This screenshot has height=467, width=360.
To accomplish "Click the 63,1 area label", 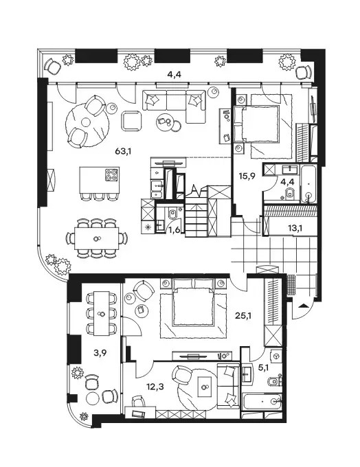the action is pyautogui.click(x=123, y=152).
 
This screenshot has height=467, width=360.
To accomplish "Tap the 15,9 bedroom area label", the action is pyautogui.click(x=247, y=176).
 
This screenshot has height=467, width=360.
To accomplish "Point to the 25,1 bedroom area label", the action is pyautogui.click(x=243, y=316).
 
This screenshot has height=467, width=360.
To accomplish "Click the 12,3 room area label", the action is pyautogui.click(x=155, y=387).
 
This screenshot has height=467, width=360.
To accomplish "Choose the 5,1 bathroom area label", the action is pyautogui.click(x=263, y=368).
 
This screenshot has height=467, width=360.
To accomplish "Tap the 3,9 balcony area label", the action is pyautogui.click(x=100, y=353).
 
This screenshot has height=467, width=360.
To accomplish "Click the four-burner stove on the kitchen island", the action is pyautogui.click(x=112, y=175).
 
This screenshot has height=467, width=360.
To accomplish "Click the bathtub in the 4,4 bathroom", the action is pyautogui.click(x=308, y=184).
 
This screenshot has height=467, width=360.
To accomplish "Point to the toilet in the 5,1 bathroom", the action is pyautogui.click(x=274, y=382).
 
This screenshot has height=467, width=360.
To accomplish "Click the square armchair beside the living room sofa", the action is pyautogui.click(x=132, y=121).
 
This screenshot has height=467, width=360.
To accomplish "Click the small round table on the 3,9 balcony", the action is pyautogui.click(x=92, y=398).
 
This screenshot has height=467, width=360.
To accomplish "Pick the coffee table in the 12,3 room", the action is pyautogui.click(x=205, y=387).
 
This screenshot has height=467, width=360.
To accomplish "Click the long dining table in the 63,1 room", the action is pyautogui.click(x=97, y=238).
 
